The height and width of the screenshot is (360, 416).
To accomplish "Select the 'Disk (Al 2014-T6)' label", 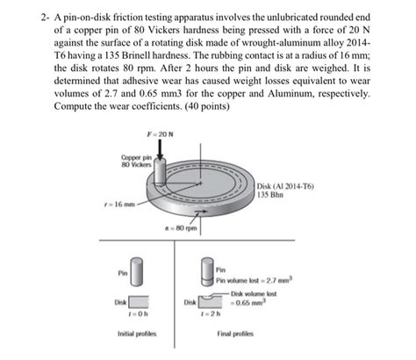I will click(x=287, y=186).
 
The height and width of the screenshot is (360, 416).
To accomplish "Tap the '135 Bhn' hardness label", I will click(x=274, y=195).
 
